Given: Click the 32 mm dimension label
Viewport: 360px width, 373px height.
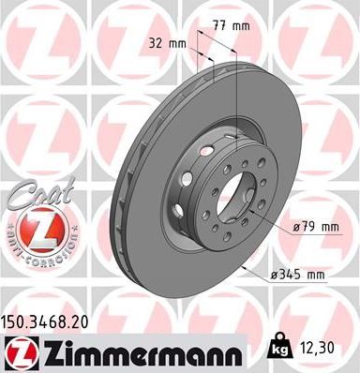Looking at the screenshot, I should pyautogui.click(x=165, y=42).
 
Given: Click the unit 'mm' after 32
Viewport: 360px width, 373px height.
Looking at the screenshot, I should pyautogui.click(x=175, y=42).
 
